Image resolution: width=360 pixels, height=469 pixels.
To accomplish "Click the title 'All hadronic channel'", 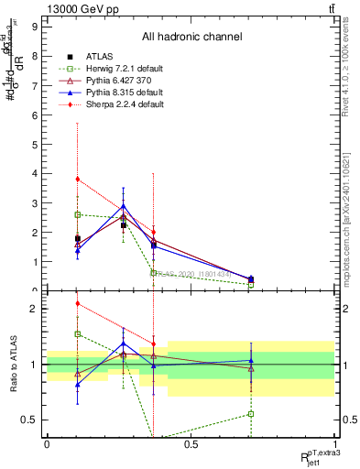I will tap(191, 37).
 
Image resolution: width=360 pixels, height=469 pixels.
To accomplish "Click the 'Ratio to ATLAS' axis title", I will tap(13, 365).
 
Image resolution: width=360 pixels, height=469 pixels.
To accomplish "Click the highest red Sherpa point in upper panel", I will tap(78, 179).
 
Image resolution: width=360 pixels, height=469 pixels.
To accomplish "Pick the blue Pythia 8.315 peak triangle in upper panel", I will tap(124, 206).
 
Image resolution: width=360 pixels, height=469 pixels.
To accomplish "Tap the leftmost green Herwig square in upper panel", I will tap(78, 214).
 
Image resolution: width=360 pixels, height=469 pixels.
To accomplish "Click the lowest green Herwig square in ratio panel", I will tap(251, 414).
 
